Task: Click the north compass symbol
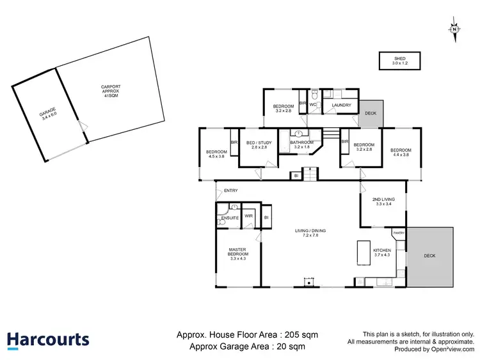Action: [454, 29]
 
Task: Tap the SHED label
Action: [400, 61]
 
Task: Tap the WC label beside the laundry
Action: [314, 104]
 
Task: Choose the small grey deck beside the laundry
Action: [371, 113]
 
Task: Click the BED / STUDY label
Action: [257, 145]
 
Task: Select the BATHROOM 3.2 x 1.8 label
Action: [301, 145]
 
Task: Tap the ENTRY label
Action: [230, 190]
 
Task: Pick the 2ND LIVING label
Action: [383, 201]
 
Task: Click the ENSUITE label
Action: [230, 218]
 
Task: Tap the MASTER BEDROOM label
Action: [239, 254]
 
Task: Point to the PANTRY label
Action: [398, 233]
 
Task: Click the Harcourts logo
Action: [48, 340]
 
